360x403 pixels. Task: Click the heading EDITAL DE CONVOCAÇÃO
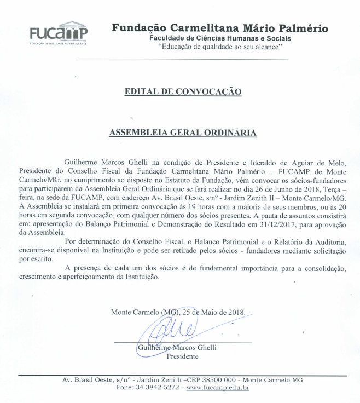pos(183,91)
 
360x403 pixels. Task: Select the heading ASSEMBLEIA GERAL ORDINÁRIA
pos(184,132)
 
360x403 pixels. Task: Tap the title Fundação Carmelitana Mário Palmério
pos(220,28)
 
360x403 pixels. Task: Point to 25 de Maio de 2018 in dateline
pos(214,313)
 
